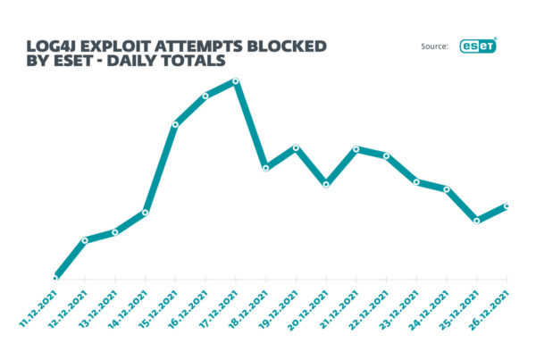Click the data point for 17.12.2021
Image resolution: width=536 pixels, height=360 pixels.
click(236, 81)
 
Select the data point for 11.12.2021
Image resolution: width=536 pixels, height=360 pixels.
click(55, 278)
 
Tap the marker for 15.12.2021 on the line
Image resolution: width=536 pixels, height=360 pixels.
click(175, 124)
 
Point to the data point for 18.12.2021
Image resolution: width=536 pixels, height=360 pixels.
click(265, 167)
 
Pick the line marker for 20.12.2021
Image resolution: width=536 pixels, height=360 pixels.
click(326, 184)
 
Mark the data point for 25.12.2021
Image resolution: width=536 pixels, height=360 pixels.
click(477, 220)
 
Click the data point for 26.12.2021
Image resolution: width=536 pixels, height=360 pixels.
click(507, 206)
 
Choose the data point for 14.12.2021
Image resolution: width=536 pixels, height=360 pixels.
click(146, 212)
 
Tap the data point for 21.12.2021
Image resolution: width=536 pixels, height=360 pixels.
click(356, 149)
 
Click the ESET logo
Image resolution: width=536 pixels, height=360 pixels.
click(478, 46)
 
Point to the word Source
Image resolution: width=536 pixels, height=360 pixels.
click(433, 47)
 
